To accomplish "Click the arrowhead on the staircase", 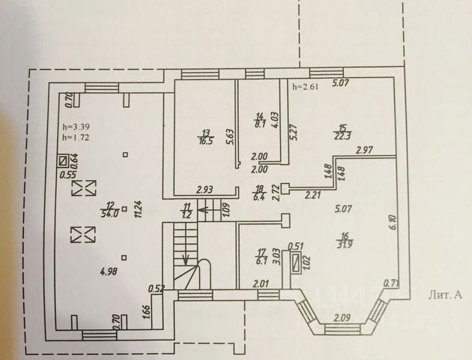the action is [x=185, y=261].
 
